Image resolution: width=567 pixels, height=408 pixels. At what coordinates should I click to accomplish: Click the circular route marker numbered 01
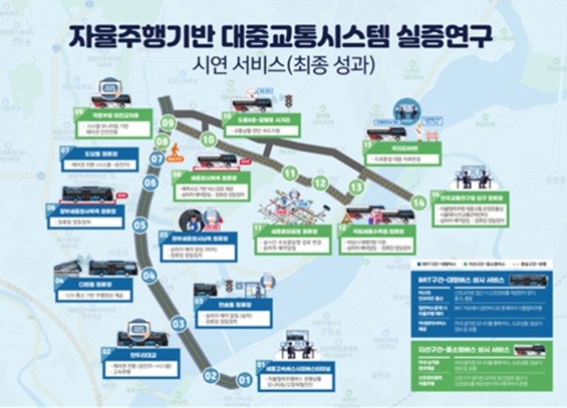(244, 379)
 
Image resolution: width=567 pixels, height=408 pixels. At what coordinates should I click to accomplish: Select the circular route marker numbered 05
(140, 225)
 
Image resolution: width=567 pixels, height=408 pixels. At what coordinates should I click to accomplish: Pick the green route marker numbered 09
(168, 123)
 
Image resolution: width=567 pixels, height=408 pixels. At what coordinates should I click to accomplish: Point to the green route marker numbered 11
(288, 173)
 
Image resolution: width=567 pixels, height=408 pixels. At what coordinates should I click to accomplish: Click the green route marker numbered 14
(418, 202)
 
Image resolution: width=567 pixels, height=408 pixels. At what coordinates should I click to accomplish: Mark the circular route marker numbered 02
(211, 375)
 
